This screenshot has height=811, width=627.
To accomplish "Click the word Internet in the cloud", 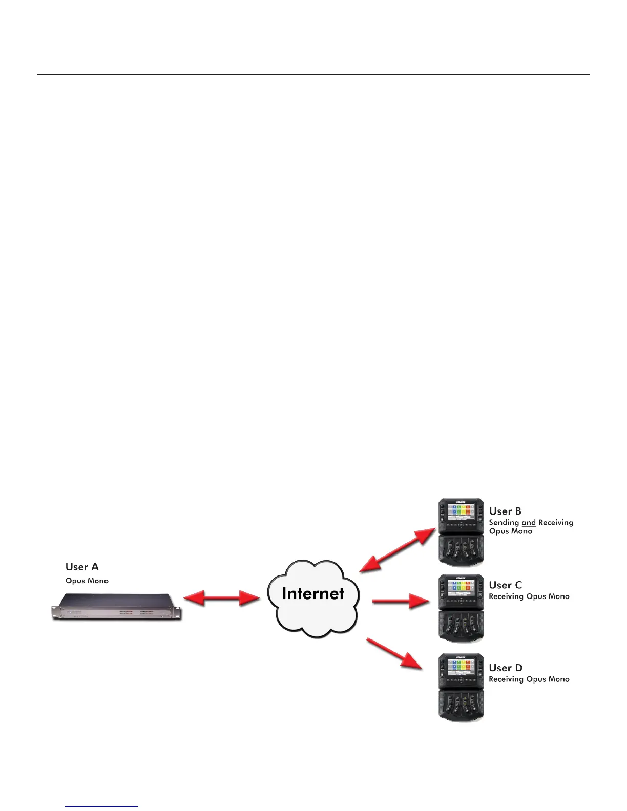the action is [x=313, y=593].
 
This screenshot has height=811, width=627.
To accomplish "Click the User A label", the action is [x=82, y=567].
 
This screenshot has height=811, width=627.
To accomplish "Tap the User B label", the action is [x=505, y=511].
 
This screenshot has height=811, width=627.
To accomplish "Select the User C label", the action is [x=505, y=585].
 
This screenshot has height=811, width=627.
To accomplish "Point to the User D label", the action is [x=506, y=668].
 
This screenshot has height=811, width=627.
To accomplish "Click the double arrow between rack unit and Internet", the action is [x=222, y=598].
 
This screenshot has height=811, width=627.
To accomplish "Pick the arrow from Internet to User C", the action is [x=401, y=601].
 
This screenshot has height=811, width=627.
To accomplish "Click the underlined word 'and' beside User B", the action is [x=529, y=523].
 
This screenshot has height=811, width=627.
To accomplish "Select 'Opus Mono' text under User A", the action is [x=87, y=581].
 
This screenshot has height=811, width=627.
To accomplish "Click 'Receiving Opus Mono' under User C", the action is [x=529, y=596].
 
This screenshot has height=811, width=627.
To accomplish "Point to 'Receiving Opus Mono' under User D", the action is [x=529, y=679].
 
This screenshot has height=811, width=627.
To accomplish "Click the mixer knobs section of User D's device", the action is [x=461, y=705].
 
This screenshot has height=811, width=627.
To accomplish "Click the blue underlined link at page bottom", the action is [x=101, y=806].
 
